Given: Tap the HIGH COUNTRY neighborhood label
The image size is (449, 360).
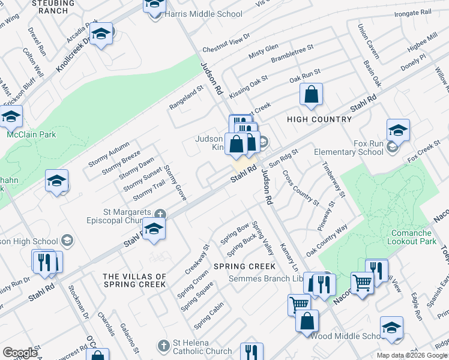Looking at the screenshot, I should click(319, 119).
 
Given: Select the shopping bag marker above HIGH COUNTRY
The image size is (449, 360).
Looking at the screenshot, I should click(311, 95).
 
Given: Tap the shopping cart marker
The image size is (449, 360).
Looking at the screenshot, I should click(362, 283).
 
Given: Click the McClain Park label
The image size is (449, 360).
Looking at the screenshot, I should click(31, 134).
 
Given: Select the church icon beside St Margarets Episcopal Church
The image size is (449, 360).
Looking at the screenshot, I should click(160, 214).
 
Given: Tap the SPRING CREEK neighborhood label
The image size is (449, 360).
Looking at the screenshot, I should click(244, 266).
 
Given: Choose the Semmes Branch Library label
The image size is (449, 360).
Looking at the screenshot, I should click(267, 278).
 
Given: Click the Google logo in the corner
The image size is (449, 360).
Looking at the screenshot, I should click(20, 353).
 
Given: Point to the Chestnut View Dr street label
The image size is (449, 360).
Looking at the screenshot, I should click(226, 43).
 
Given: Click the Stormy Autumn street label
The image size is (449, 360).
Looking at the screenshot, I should click(109, 154).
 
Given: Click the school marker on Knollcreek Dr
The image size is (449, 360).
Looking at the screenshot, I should click(101, 35).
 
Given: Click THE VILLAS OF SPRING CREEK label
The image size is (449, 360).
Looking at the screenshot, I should click(134, 280).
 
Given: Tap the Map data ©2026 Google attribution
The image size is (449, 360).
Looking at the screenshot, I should click(412, 355).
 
